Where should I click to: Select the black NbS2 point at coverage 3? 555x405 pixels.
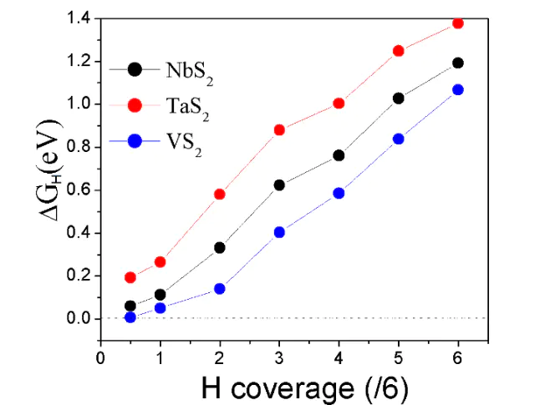coord(279,185)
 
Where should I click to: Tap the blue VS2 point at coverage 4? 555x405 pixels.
coord(339,193)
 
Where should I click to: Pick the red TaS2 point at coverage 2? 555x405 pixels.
coord(220,194)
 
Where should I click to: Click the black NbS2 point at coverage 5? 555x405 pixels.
coord(398,98)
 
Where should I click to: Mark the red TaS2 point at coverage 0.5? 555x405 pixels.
coord(130,277)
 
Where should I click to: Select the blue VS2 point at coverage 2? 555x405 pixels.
coord(220,288)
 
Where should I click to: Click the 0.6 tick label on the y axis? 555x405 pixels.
coord(79,190)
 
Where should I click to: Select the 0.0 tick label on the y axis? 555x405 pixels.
coord(79,318)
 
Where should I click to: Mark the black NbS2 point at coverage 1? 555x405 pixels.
coord(160,294)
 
